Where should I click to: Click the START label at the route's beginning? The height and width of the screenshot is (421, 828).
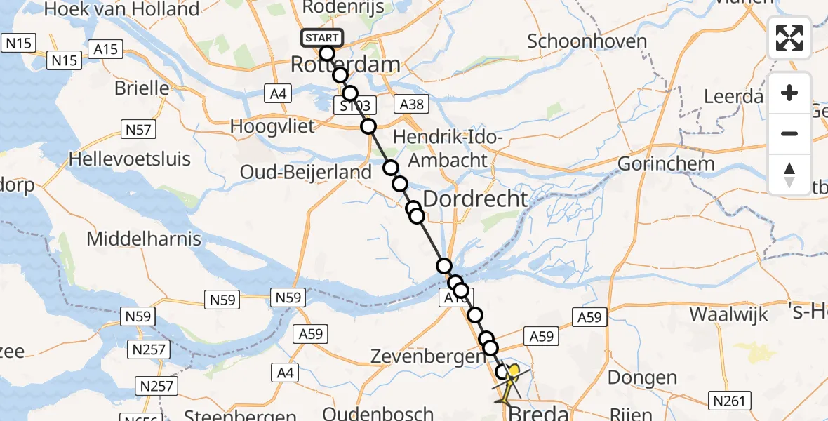tap(322, 38)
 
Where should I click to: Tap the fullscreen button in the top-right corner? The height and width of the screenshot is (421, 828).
tap(789, 38)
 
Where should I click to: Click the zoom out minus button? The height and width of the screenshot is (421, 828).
tap(789, 133)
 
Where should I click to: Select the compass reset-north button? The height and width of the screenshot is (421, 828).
tap(789, 174)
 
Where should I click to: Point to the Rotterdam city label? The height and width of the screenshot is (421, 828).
tap(345, 66)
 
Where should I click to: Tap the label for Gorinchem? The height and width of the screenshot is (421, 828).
tap(666, 164)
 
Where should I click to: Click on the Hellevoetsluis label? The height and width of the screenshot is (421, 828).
tap(129, 159)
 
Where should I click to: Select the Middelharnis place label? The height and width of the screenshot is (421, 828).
tap(144, 239)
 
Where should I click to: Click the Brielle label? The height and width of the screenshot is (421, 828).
tap(143, 88)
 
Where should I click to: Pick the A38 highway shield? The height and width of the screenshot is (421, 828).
tap(411, 104)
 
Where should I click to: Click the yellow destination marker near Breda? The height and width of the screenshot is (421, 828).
tap(515, 373)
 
